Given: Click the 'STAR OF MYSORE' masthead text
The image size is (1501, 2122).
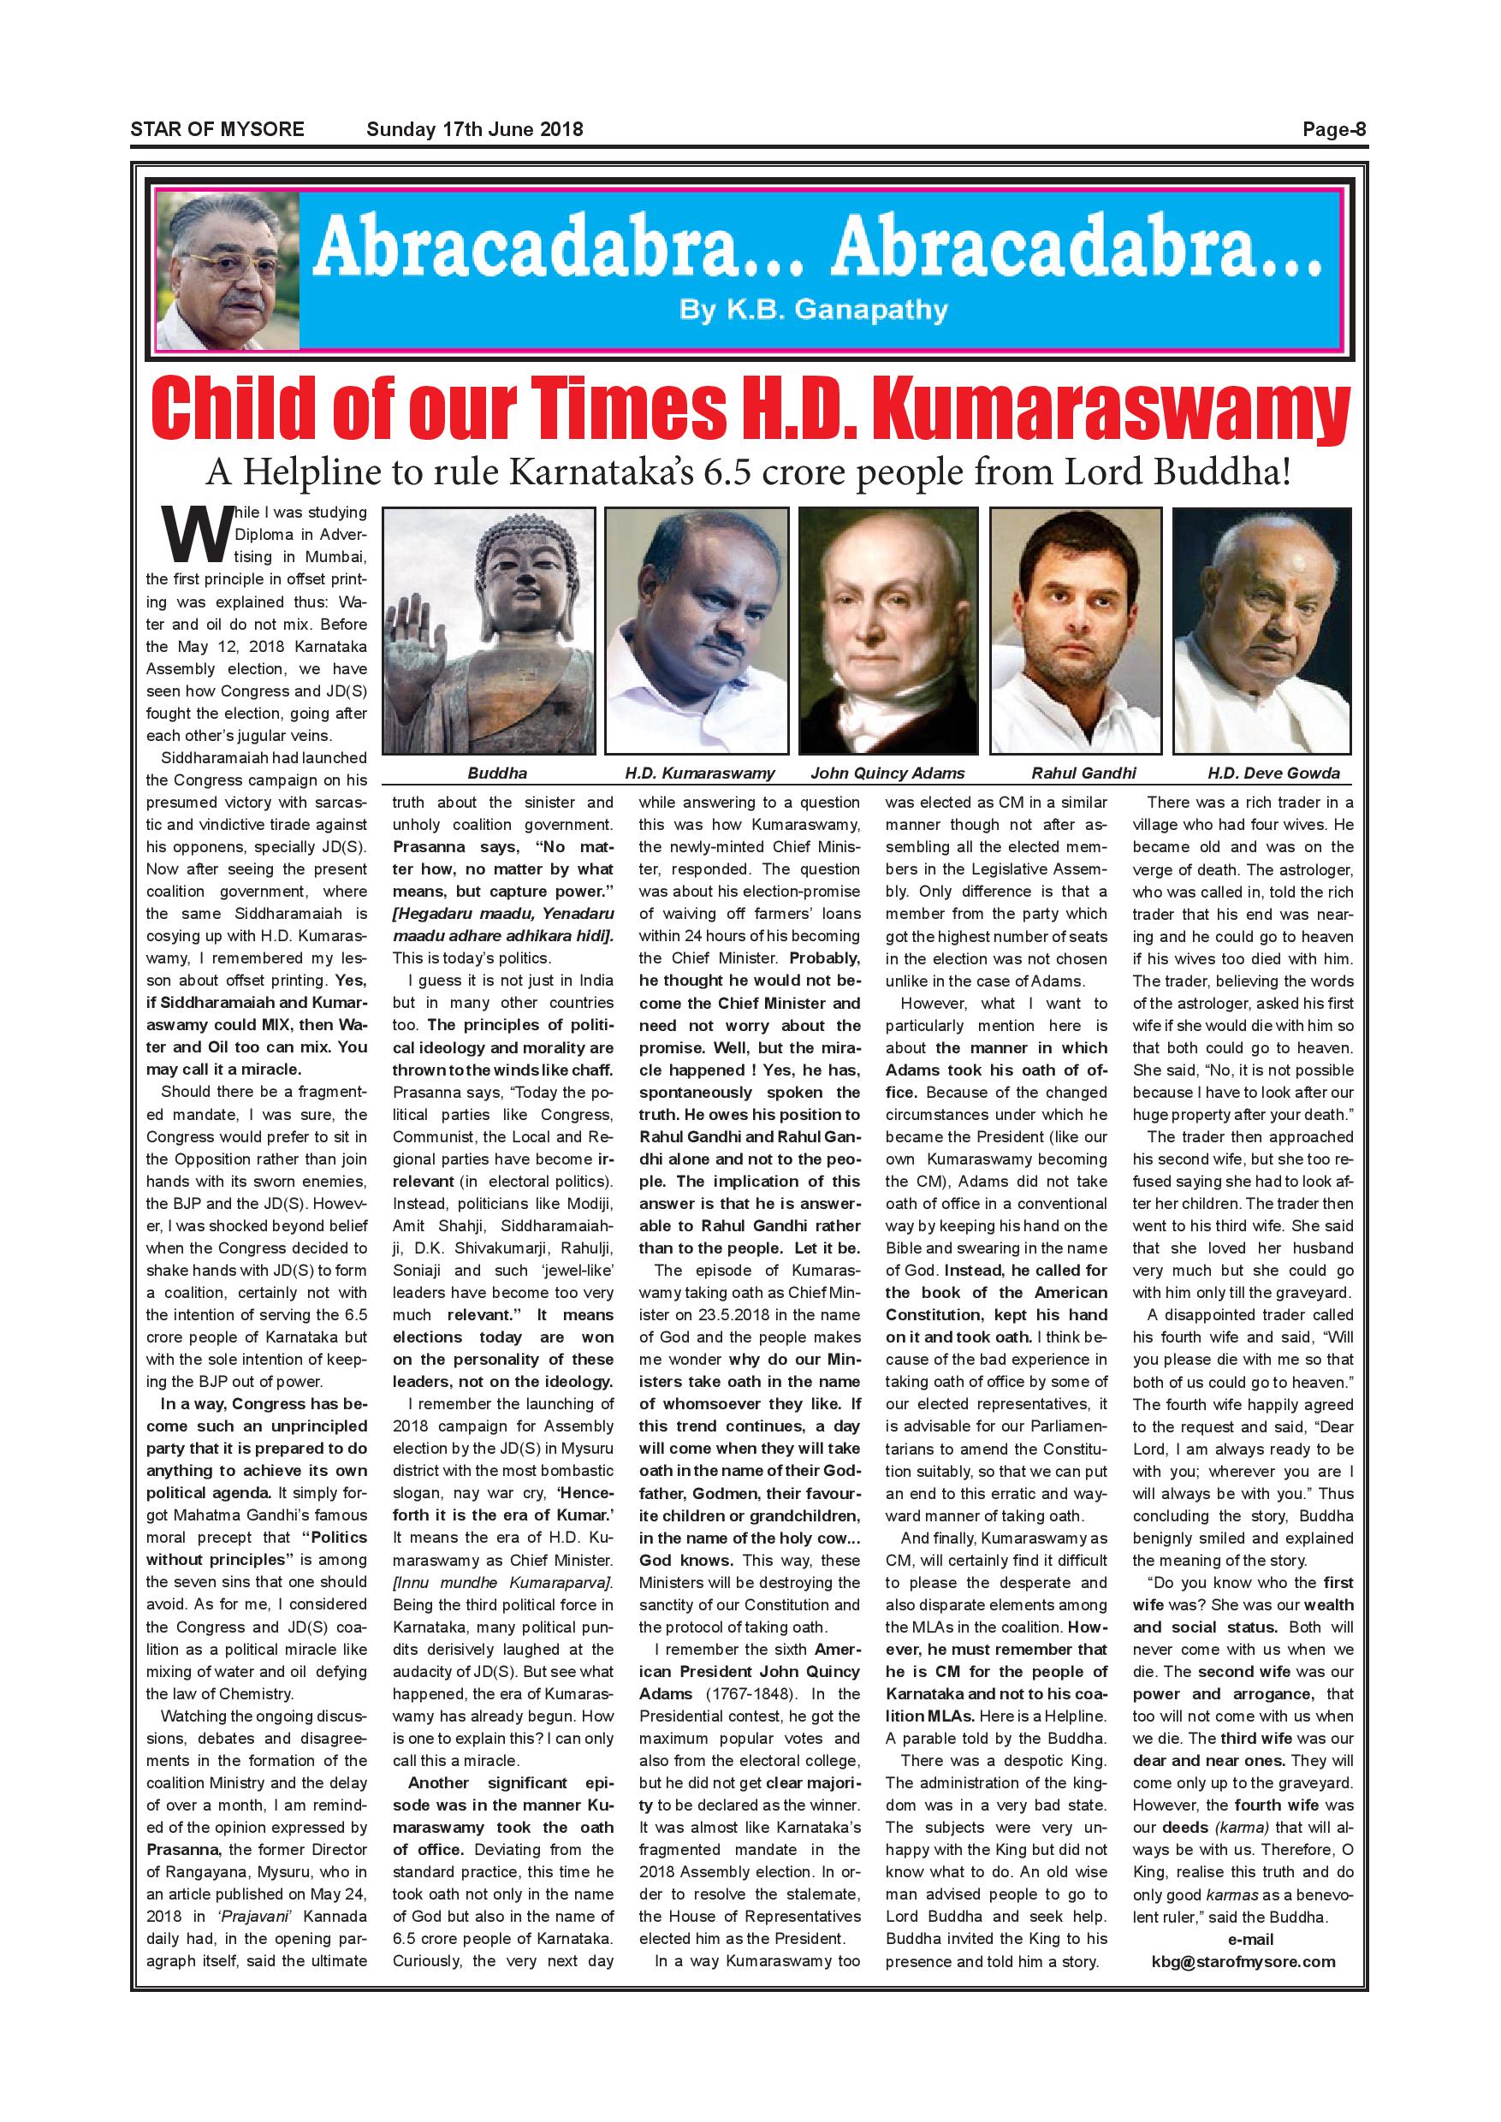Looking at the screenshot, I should pos(217,129).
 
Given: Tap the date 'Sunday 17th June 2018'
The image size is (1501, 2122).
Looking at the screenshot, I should pos(474,129).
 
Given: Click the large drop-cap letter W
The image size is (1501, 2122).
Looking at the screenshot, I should pos(196,536).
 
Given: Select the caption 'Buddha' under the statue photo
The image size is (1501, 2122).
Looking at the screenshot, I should pos(497,773).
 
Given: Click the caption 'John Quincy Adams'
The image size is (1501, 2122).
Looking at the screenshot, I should pos(887,773).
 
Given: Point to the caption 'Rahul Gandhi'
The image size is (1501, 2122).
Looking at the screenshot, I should pos(1083,773).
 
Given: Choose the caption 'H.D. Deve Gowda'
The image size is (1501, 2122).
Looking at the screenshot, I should pos(1273,773).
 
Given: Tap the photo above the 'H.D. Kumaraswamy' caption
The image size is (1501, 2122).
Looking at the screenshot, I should pos(697,631).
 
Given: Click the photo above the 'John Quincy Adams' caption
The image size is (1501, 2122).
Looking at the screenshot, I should pos(887,631).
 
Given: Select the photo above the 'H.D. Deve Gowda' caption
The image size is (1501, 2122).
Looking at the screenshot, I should pos(1261,631).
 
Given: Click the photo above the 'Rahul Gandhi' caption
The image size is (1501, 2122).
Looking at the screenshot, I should pos(1076,631).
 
